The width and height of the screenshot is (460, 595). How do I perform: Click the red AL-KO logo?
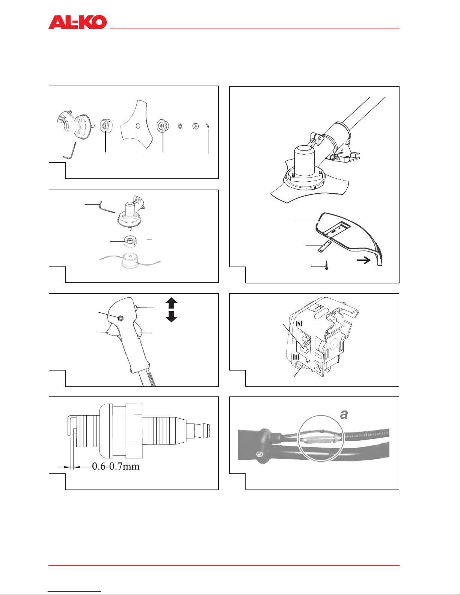77,22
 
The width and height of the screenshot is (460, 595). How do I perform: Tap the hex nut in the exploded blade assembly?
195,126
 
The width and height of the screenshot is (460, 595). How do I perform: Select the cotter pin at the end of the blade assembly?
208,125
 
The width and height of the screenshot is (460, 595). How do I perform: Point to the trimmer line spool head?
130,261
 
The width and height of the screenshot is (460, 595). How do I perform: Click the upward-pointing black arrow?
171,303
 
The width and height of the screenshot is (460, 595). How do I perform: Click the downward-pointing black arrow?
171,316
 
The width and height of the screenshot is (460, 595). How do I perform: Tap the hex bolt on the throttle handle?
120,318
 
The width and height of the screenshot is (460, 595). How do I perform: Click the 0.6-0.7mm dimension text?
116,466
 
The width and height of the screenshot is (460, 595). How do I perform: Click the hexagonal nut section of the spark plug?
134,431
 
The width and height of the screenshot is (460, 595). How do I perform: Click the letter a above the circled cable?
344,414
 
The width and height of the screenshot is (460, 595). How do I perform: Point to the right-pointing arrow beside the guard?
363,260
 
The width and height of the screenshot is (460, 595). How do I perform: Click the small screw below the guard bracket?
326,265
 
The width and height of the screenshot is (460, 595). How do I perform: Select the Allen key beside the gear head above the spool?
107,207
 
